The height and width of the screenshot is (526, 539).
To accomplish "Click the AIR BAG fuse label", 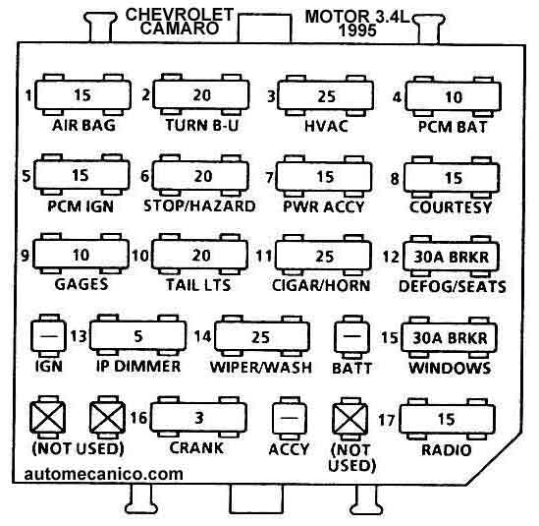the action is (83, 125).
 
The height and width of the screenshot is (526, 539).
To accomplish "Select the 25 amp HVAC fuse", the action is (325, 95).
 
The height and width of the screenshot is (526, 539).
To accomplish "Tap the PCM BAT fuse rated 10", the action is (453, 96).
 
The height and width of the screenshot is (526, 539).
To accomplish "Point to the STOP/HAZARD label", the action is (199, 205).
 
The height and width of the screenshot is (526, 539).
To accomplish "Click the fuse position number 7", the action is (269, 178).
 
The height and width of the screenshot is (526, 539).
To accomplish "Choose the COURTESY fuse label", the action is (451, 207).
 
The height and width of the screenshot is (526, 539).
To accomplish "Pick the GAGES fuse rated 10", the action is (81, 254).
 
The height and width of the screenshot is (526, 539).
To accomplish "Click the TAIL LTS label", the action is (198, 285).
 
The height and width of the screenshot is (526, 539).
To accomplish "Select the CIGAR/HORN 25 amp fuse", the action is (323, 256).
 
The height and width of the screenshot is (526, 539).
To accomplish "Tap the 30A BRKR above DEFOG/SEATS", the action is (451, 258).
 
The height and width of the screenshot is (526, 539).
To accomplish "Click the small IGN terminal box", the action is (48, 335).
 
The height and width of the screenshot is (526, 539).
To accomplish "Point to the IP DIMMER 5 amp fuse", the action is (137, 335).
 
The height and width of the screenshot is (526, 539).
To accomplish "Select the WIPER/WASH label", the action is (261, 368).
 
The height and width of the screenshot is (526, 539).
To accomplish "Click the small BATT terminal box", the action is (352, 337).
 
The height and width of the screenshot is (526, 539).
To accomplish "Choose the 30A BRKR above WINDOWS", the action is (450, 337).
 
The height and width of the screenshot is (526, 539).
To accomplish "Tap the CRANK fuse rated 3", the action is (198, 417).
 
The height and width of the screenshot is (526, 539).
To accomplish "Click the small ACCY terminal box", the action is (290, 418).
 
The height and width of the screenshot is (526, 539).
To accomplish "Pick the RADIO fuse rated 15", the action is (447, 419).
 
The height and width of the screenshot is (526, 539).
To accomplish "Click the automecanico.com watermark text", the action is (103, 474).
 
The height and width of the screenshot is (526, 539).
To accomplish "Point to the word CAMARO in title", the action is (180, 29).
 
